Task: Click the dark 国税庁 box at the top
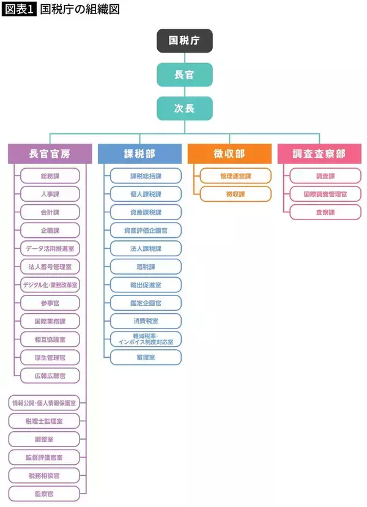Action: (x=184, y=41)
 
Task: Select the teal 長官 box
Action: (x=184, y=75)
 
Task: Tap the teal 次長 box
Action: (x=184, y=108)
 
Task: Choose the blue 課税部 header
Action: (x=139, y=154)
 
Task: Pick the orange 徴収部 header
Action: (x=229, y=154)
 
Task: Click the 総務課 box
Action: (x=50, y=176)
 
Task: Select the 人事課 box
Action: (x=50, y=194)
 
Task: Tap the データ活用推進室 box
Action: (x=50, y=248)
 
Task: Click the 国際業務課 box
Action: (x=50, y=320)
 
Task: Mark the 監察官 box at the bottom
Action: (x=44, y=493)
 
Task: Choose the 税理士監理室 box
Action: (x=44, y=421)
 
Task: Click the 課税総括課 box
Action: (x=146, y=176)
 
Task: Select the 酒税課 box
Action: (x=146, y=267)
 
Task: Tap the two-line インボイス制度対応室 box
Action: (x=146, y=339)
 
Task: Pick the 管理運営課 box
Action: (x=235, y=176)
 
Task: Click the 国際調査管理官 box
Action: (x=325, y=194)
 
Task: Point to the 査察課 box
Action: (x=325, y=212)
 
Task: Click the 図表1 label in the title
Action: (x=17, y=9)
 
